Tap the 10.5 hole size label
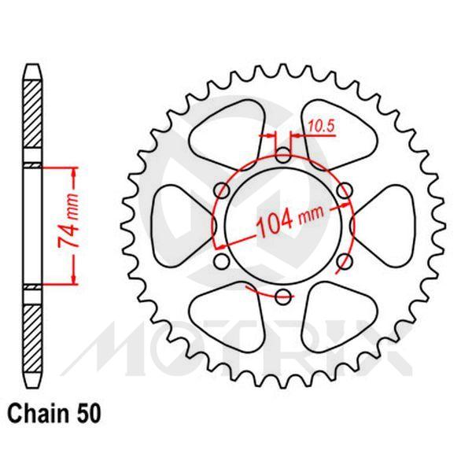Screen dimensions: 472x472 [x=319, y=124]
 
